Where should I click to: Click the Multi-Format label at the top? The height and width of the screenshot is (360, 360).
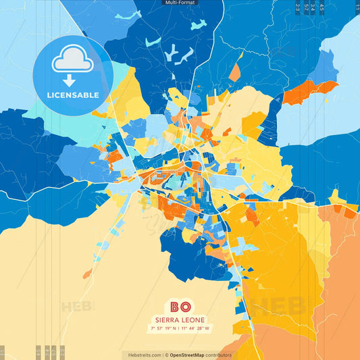click(x=180, y=3)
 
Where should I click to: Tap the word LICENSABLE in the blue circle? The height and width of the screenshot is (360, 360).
click(x=72, y=95)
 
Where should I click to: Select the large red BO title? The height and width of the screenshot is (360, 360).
click(x=180, y=307)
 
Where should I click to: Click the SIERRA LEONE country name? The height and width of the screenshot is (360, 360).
click(x=180, y=319)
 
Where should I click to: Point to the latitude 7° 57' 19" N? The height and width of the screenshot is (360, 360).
click(x=164, y=329)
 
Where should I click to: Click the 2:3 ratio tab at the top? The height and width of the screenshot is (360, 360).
click(x=297, y=7)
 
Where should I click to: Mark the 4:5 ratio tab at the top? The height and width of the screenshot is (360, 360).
click(x=322, y=7)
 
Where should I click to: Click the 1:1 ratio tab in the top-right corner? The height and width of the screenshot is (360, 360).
click(x=357, y=7)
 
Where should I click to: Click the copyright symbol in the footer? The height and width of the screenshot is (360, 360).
click(x=166, y=355)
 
